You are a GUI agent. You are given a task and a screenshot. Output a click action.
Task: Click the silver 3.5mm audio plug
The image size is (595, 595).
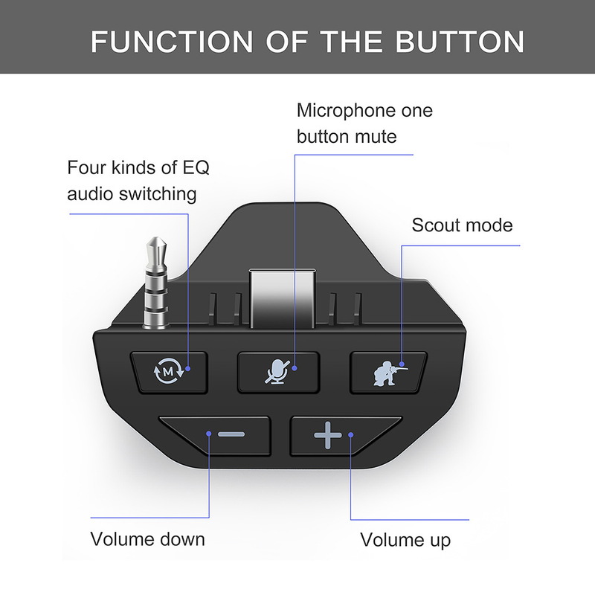(156, 286)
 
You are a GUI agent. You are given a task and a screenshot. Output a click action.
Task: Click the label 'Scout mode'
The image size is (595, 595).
(462, 225)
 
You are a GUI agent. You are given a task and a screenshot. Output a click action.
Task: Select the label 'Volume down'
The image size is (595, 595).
(147, 538)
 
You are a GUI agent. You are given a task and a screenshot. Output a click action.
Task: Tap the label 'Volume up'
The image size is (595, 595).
(405, 539)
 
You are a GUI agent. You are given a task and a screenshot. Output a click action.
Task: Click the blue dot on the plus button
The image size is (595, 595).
(350, 437)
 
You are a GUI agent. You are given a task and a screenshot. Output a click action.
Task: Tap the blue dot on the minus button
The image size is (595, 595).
(209, 433)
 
